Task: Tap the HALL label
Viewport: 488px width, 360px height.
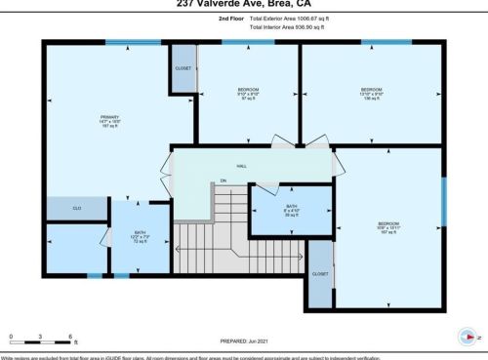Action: pos(241,166)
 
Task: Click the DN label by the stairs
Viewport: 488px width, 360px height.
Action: pos(223,181)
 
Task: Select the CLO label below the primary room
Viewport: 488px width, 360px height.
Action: pos(77,209)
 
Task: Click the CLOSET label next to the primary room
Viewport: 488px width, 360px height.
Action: pos(183,69)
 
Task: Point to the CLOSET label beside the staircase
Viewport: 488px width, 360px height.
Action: pos(320,274)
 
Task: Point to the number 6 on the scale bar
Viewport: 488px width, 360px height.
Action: pos(73,336)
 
